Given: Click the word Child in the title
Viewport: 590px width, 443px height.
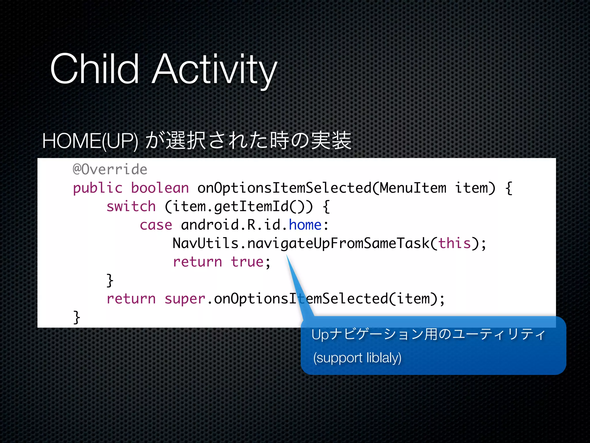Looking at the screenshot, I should click(94, 69).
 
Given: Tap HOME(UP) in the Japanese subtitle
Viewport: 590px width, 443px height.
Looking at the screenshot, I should click(90, 141).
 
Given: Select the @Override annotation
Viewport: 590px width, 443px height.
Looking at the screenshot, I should click(110, 169).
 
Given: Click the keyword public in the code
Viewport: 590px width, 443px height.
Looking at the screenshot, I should click(98, 188).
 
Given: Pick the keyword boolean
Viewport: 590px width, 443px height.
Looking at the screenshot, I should click(160, 188).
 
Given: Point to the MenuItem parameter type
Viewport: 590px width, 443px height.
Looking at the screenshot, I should click(413, 188).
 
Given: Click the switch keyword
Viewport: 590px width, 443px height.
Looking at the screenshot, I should click(131, 207).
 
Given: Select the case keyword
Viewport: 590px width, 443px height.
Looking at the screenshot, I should click(156, 225).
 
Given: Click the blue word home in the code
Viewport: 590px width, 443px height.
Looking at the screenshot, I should click(305, 225).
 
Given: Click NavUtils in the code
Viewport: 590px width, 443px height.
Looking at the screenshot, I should click(205, 243).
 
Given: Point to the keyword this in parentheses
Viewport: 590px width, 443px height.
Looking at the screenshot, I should click(454, 243).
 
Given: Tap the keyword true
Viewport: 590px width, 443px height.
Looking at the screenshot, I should click(247, 262).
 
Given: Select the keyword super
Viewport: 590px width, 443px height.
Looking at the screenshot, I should click(185, 299).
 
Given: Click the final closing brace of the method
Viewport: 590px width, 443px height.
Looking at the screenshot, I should click(77, 317).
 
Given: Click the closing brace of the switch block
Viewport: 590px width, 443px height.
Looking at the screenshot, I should click(110, 280).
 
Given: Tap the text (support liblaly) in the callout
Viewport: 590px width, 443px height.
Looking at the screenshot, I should click(357, 358).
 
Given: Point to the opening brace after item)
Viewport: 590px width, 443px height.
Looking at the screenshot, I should click(509, 188).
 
